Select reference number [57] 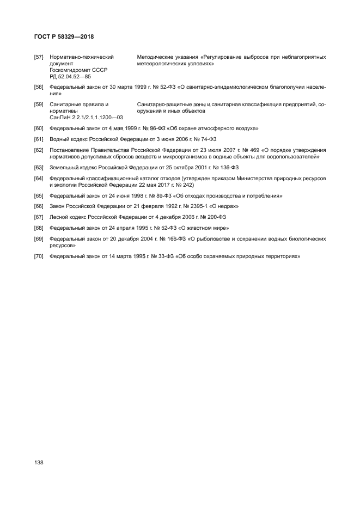click(39, 57)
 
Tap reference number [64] click(39, 179)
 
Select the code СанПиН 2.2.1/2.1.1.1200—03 click(86, 117)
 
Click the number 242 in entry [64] click(178, 185)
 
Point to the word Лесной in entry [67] click(59, 217)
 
